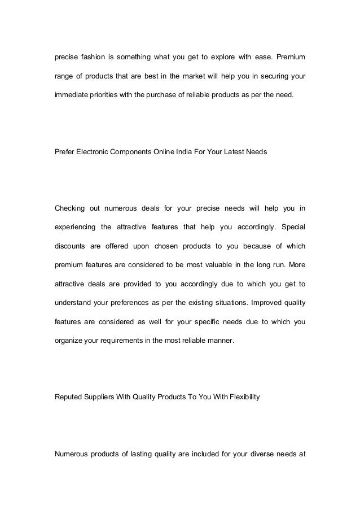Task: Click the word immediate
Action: pos(71,95)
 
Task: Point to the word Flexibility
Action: pos(240,398)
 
